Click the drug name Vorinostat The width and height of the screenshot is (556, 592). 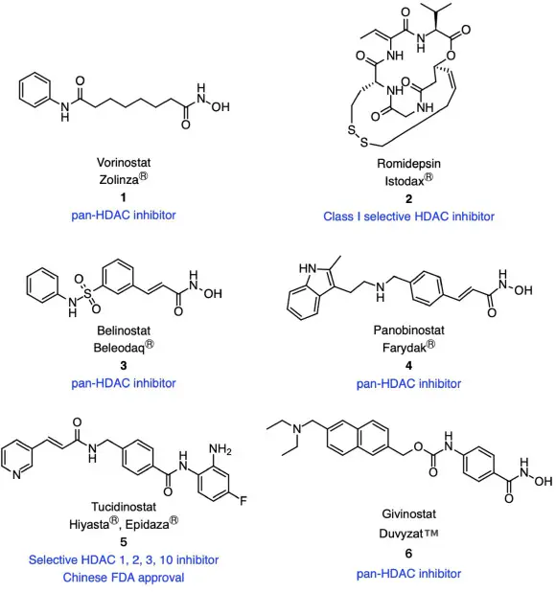[124, 162]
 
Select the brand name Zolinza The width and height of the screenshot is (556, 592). [119, 179]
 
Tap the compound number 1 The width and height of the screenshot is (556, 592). [123, 197]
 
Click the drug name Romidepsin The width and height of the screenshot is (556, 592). [408, 164]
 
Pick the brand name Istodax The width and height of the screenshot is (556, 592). [405, 181]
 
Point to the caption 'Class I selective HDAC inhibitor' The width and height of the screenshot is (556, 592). [408, 216]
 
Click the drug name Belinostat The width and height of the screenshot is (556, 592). [124, 330]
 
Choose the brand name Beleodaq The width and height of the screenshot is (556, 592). [120, 348]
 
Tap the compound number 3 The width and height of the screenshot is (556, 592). [123, 366]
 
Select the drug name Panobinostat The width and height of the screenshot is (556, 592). [408, 330]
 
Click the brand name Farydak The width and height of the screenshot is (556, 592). [405, 348]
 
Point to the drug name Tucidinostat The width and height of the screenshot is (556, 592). [124, 507]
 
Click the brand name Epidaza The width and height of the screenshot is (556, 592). [147, 524]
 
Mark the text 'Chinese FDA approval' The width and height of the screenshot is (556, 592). [124, 578]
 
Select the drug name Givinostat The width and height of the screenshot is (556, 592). [408, 513]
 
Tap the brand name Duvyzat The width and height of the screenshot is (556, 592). [401, 534]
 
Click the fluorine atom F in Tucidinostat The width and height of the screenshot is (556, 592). [243, 501]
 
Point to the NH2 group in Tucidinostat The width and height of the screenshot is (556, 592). [220, 449]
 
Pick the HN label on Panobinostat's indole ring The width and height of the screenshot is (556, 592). [308, 268]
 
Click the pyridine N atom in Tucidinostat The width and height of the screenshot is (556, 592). [16, 475]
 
